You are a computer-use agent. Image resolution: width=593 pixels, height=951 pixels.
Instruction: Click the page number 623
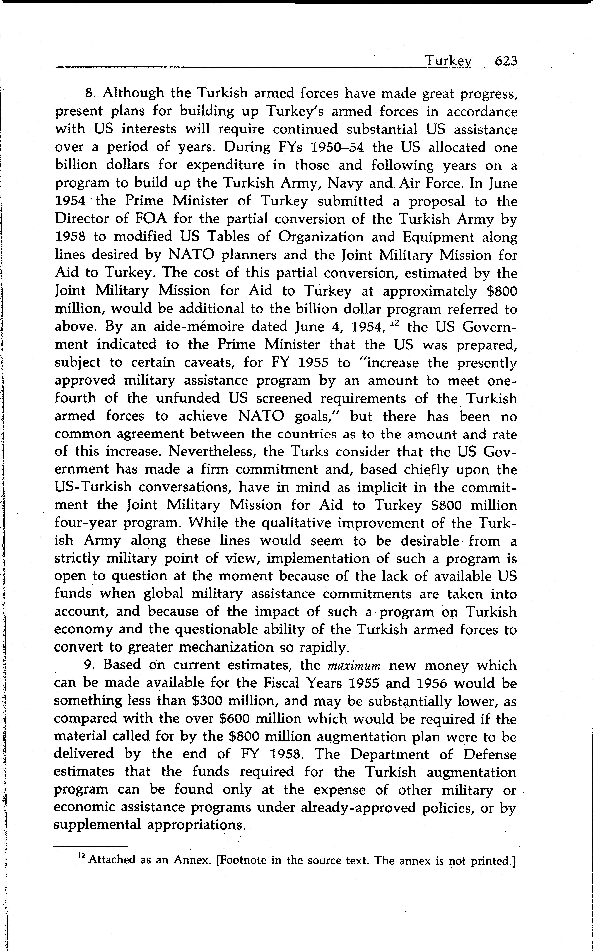[506, 61]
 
